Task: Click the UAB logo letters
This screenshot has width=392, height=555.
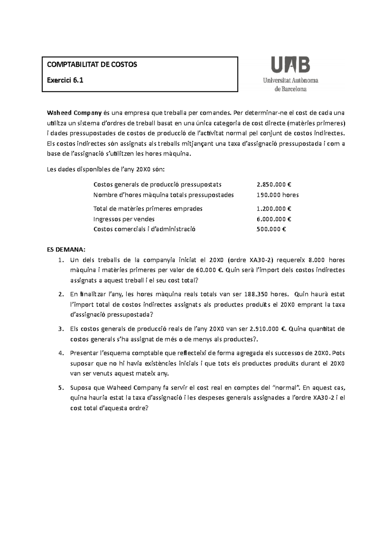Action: point(290,64)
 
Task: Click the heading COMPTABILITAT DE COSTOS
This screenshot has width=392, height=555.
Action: point(92,64)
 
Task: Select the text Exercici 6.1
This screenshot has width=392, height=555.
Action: point(65,80)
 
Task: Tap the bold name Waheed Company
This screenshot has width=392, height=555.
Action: point(74,113)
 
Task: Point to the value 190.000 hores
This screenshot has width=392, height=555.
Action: point(278,195)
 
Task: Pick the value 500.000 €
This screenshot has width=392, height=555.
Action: point(271,229)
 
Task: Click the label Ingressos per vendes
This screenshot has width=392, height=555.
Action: point(124,219)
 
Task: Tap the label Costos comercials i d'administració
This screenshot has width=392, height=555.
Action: point(144,229)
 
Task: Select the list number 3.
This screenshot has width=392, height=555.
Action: point(60,329)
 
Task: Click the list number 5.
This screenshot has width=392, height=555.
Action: point(60,388)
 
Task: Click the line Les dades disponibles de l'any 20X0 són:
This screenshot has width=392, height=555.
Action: point(106,170)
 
